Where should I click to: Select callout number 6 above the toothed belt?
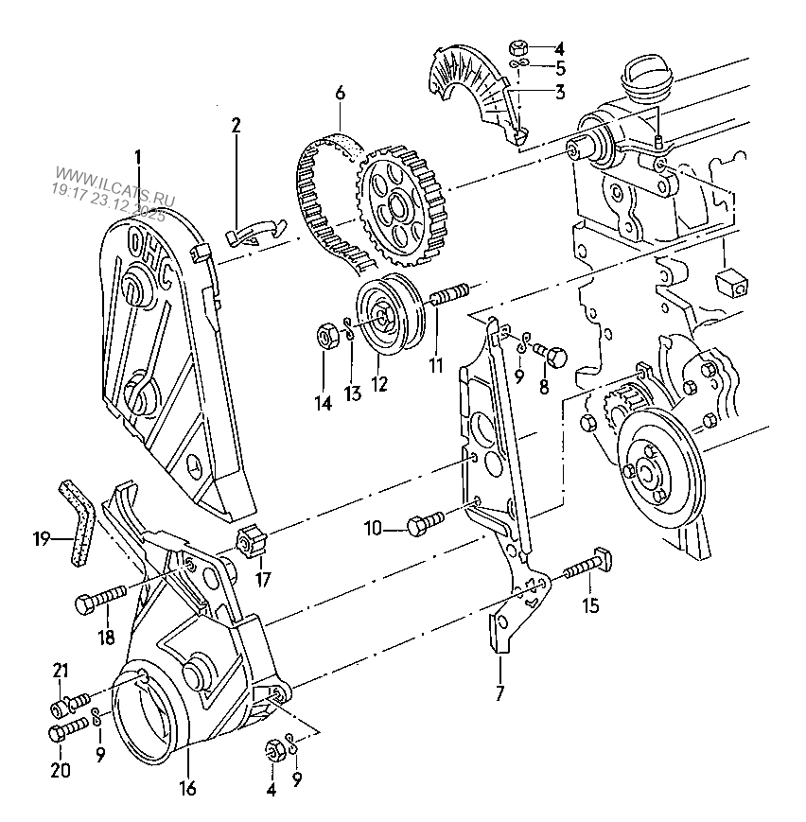tap(340, 94)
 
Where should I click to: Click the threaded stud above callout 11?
tap(450, 294)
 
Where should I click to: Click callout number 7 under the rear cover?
tap(499, 693)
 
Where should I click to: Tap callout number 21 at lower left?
tap(61, 672)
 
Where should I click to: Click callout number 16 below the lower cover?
tap(187, 788)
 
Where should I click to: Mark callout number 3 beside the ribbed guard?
tap(560, 92)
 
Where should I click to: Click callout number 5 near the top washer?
tap(560, 68)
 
